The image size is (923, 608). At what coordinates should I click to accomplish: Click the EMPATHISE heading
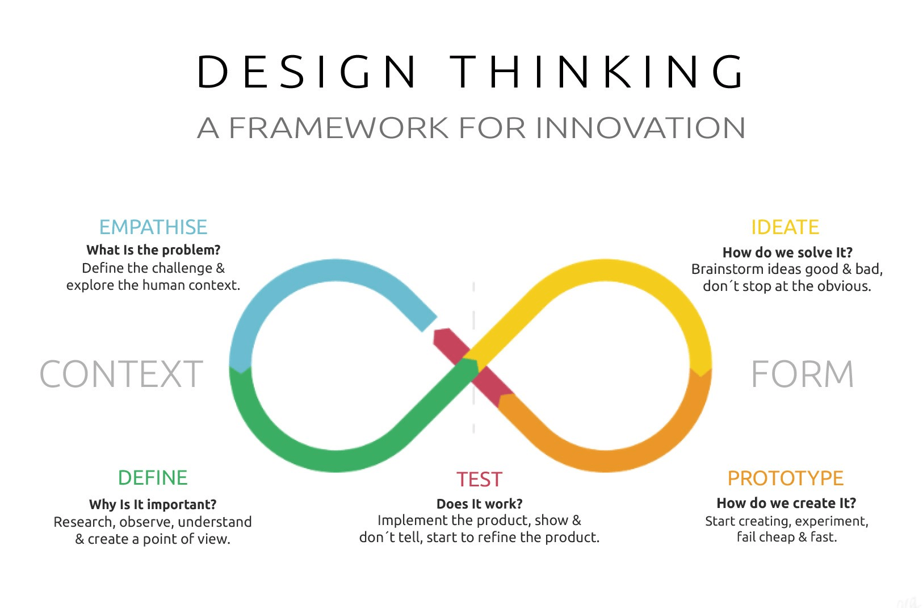(x=153, y=227)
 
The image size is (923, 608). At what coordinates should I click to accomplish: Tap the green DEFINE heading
(x=153, y=478)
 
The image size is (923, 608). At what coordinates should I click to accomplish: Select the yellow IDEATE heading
(x=785, y=227)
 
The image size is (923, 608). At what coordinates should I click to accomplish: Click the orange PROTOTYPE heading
(x=786, y=478)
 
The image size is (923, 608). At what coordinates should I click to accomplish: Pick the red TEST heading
(x=480, y=480)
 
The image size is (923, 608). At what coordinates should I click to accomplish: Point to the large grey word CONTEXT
(x=121, y=374)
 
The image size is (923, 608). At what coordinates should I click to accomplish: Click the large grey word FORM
(x=802, y=374)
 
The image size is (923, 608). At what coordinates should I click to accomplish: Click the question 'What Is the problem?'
(x=153, y=250)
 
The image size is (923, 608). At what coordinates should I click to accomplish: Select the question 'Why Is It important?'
(x=153, y=505)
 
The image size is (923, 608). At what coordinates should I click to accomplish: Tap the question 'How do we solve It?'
(x=787, y=252)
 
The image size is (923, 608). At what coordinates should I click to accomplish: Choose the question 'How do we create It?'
(x=786, y=503)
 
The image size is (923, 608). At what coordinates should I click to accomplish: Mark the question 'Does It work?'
(x=480, y=504)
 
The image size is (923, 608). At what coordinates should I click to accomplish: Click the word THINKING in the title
(x=598, y=72)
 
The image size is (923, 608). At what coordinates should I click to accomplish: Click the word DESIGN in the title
(x=307, y=72)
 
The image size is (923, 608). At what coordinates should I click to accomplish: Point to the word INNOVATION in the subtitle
(x=640, y=128)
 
